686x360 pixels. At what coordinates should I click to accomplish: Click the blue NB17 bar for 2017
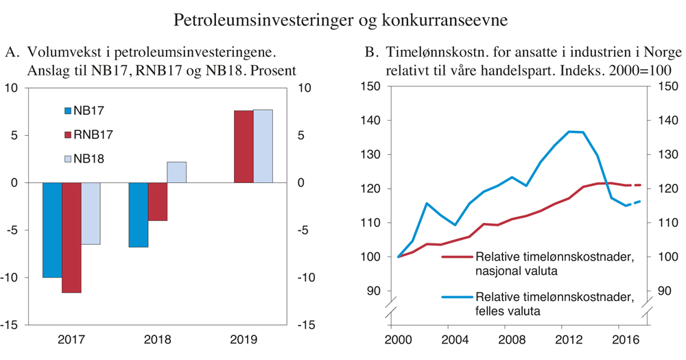(x=52, y=230)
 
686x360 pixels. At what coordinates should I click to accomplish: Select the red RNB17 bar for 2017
(x=71, y=237)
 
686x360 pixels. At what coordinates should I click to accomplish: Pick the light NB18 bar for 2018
(x=176, y=172)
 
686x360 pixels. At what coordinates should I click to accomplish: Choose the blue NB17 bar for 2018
(x=138, y=215)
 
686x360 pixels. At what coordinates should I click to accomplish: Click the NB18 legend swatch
(x=67, y=159)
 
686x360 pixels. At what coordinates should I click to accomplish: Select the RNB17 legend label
(x=93, y=134)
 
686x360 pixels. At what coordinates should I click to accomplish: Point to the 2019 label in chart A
(x=244, y=339)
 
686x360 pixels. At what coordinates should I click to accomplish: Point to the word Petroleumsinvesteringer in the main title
(x=264, y=20)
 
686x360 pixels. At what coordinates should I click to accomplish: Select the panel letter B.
(x=370, y=53)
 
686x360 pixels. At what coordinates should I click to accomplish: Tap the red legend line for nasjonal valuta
(x=456, y=258)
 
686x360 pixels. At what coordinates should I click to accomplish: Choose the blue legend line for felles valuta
(x=456, y=298)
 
